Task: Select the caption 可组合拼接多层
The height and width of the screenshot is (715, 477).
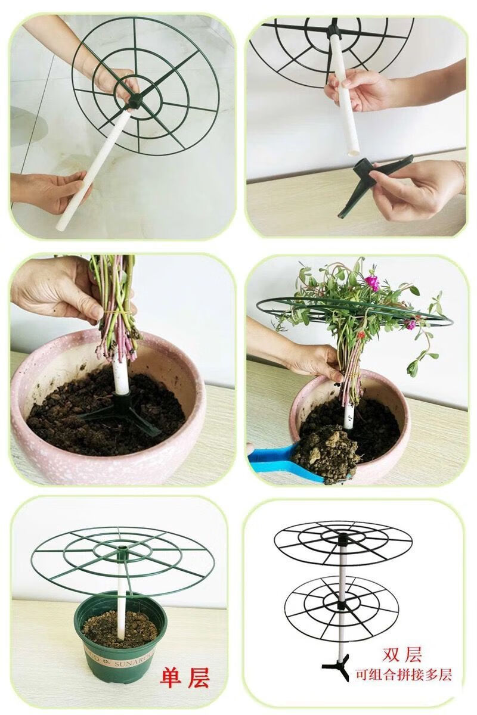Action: (403, 675)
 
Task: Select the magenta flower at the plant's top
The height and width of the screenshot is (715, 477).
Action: (372, 282)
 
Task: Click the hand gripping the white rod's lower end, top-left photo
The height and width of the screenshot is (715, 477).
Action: (48, 191)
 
